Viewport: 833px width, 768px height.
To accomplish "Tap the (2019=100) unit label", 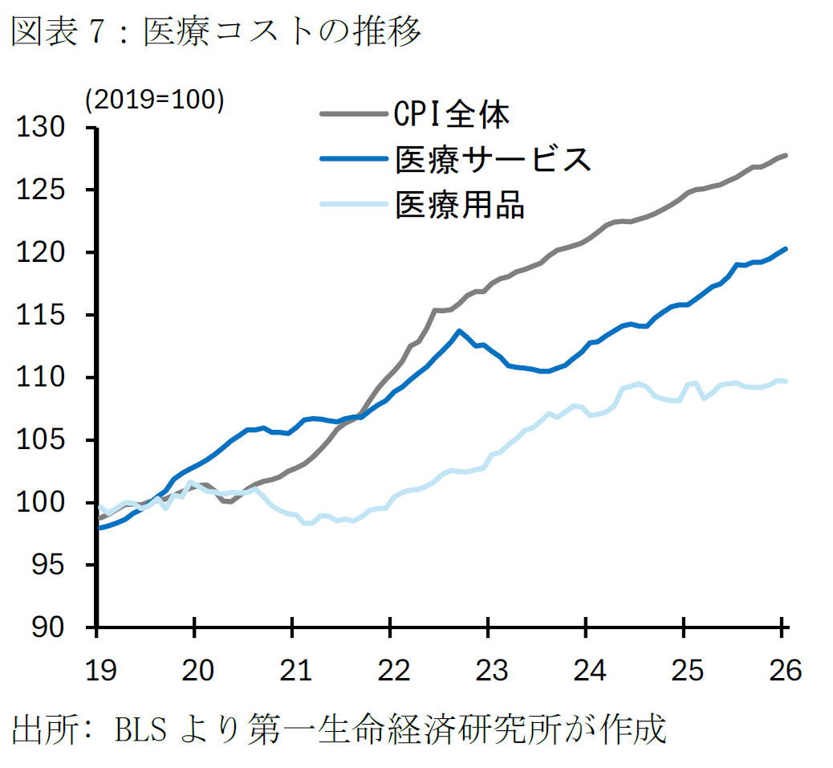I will (x=155, y=100).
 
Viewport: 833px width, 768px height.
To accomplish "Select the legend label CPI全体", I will (x=452, y=116).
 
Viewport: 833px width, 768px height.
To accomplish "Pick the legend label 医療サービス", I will (x=493, y=160).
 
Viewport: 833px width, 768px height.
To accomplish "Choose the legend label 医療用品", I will (x=460, y=204).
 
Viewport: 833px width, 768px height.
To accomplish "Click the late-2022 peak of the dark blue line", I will (x=459, y=331).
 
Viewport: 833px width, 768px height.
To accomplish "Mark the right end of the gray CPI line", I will (x=786, y=155).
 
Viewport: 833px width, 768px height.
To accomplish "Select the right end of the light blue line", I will (x=786, y=381).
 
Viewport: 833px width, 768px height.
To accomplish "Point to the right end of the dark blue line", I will (x=786, y=249).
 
